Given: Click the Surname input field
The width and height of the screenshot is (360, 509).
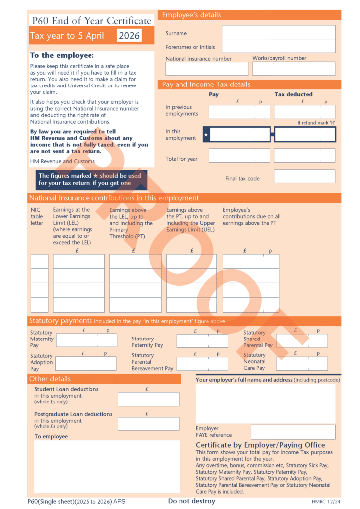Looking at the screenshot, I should click(x=278, y=32).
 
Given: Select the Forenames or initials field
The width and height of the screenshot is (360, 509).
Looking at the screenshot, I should click(x=278, y=46).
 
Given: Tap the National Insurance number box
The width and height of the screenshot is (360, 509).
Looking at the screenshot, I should click(x=206, y=69).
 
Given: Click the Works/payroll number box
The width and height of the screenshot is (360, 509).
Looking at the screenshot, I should click(x=293, y=69).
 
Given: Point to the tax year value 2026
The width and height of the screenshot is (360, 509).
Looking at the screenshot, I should click(x=129, y=36).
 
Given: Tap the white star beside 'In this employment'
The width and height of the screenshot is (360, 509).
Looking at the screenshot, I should click(x=206, y=135).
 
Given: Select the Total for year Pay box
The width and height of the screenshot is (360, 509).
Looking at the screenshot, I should click(x=239, y=156).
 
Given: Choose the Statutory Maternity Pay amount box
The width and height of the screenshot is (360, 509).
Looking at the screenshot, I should click(x=87, y=340).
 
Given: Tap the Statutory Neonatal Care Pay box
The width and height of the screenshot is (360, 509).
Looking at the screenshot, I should click(x=302, y=364).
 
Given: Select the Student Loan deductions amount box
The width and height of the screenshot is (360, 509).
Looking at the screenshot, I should click(x=148, y=399).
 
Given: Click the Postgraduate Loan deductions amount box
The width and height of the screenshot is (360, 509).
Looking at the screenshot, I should click(x=148, y=424).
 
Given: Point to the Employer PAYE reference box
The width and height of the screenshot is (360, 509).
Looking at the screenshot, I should click(x=293, y=432).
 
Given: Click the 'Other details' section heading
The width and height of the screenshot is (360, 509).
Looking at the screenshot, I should click(x=50, y=379).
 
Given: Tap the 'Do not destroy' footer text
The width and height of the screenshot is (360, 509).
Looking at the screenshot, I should click(x=191, y=501).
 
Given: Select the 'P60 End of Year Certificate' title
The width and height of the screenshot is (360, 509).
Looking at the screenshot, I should click(x=91, y=21).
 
